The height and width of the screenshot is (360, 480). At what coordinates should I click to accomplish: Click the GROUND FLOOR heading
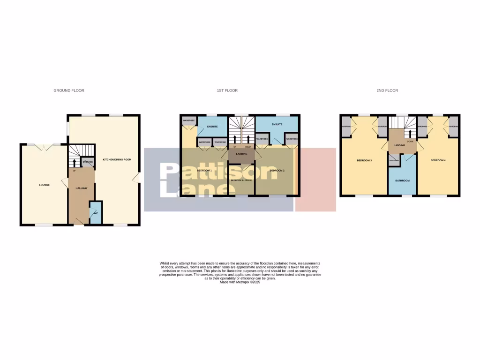(69, 90)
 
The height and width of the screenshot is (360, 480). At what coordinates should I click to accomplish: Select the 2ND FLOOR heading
(387, 90)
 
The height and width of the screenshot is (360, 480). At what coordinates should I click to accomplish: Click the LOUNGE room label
(44, 185)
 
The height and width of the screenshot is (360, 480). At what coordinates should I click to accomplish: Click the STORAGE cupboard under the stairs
(88, 162)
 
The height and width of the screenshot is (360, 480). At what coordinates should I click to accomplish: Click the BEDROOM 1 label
(204, 170)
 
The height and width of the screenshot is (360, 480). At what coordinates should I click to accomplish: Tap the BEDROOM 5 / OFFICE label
(241, 180)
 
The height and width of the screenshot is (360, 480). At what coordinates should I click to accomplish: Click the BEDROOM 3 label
(364, 161)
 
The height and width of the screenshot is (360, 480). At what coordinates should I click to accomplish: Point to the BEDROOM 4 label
(438, 161)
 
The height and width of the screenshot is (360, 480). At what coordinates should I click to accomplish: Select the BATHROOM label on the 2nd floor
(402, 180)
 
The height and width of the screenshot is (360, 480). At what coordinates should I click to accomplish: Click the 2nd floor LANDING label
(399, 145)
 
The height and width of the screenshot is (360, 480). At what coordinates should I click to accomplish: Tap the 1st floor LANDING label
(241, 154)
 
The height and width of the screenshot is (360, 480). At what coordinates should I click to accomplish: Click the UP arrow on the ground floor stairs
(74, 164)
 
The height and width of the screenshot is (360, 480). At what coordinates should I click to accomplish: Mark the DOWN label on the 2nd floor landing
(410, 141)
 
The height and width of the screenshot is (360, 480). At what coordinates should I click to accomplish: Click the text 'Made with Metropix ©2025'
(240, 282)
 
